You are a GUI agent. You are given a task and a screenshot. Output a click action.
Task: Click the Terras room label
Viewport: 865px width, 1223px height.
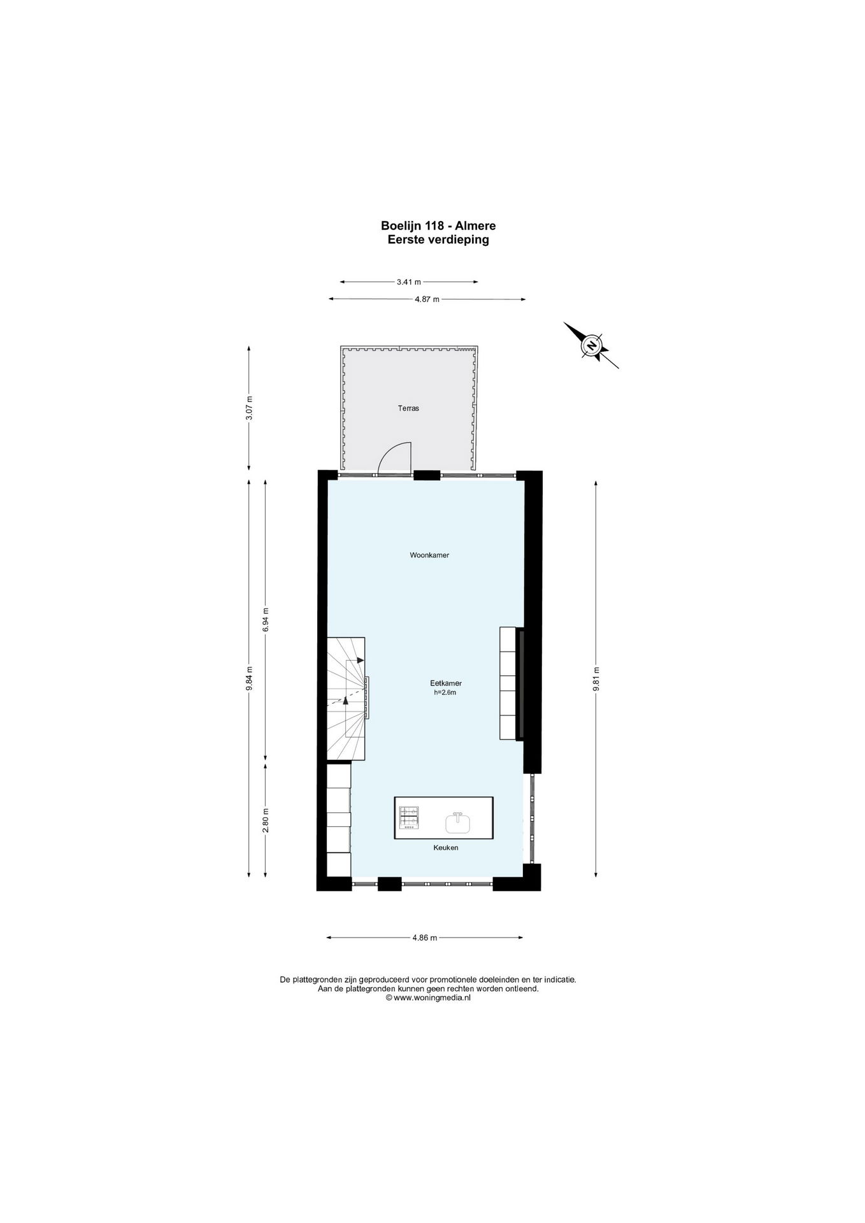pyautogui.click(x=408, y=408)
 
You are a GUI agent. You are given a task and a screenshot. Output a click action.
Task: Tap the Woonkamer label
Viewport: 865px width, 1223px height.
pyautogui.click(x=429, y=555)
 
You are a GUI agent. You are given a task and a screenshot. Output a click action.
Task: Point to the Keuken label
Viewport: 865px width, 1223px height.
pyautogui.click(x=445, y=848)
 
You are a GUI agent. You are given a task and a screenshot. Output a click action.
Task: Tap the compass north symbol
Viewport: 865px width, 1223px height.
pyautogui.click(x=591, y=346)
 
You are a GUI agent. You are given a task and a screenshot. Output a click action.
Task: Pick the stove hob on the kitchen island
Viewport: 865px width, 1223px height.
pyautogui.click(x=409, y=818)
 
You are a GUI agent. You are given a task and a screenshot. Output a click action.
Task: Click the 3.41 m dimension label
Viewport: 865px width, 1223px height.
pyautogui.click(x=409, y=282)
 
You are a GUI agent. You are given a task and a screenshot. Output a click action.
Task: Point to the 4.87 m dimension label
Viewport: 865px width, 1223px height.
pyautogui.click(x=427, y=299)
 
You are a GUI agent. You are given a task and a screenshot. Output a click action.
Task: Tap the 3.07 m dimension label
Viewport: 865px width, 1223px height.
pyautogui.click(x=250, y=408)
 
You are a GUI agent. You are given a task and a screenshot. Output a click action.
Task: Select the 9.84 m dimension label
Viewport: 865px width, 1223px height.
pyautogui.click(x=250, y=678)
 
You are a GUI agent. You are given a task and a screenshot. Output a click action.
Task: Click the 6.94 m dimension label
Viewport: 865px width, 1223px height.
pyautogui.click(x=266, y=620)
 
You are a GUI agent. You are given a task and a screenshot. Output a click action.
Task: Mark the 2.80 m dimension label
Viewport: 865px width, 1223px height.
pyautogui.click(x=266, y=820)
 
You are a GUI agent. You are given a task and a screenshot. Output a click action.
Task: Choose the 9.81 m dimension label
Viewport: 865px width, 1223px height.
pyautogui.click(x=596, y=678)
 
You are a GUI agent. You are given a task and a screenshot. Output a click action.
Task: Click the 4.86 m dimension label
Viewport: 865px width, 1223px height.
pyautogui.click(x=425, y=938)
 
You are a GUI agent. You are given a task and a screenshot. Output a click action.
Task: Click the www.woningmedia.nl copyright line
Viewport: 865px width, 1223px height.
pyautogui.click(x=428, y=998)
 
